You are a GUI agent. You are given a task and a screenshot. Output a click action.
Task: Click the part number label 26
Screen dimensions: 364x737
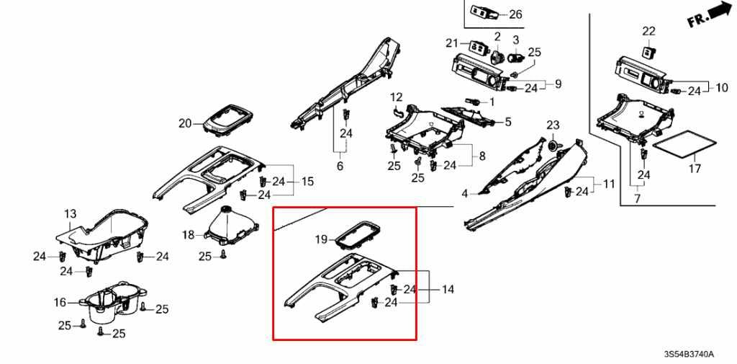tap(515, 14)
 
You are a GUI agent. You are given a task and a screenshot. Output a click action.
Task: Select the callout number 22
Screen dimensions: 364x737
tap(649, 31)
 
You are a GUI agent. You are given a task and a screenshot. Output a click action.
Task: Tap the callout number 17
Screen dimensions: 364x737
tap(695, 169)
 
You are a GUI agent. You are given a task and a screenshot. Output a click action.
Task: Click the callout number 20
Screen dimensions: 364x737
tap(186, 123)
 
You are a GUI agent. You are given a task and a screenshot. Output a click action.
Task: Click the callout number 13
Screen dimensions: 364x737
tap(70, 214)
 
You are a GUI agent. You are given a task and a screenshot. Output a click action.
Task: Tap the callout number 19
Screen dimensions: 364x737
tap(321, 239)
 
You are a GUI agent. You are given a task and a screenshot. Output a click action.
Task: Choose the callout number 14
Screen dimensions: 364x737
tap(448, 290)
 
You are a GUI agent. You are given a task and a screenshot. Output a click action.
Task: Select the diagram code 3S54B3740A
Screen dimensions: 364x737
tap(689, 355)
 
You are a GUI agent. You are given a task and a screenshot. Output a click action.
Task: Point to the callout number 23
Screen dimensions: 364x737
tap(553, 126)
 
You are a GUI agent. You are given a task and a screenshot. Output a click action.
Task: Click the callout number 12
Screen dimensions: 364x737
tap(397, 97)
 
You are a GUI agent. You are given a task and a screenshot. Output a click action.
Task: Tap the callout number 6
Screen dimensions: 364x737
tap(340, 167)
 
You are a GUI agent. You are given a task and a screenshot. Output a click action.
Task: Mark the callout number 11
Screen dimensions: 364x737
tap(609, 184)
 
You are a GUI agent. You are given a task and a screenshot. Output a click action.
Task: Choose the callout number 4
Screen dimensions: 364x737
tap(465, 193)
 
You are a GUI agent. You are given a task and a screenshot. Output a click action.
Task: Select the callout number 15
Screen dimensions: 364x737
tap(307, 182)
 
